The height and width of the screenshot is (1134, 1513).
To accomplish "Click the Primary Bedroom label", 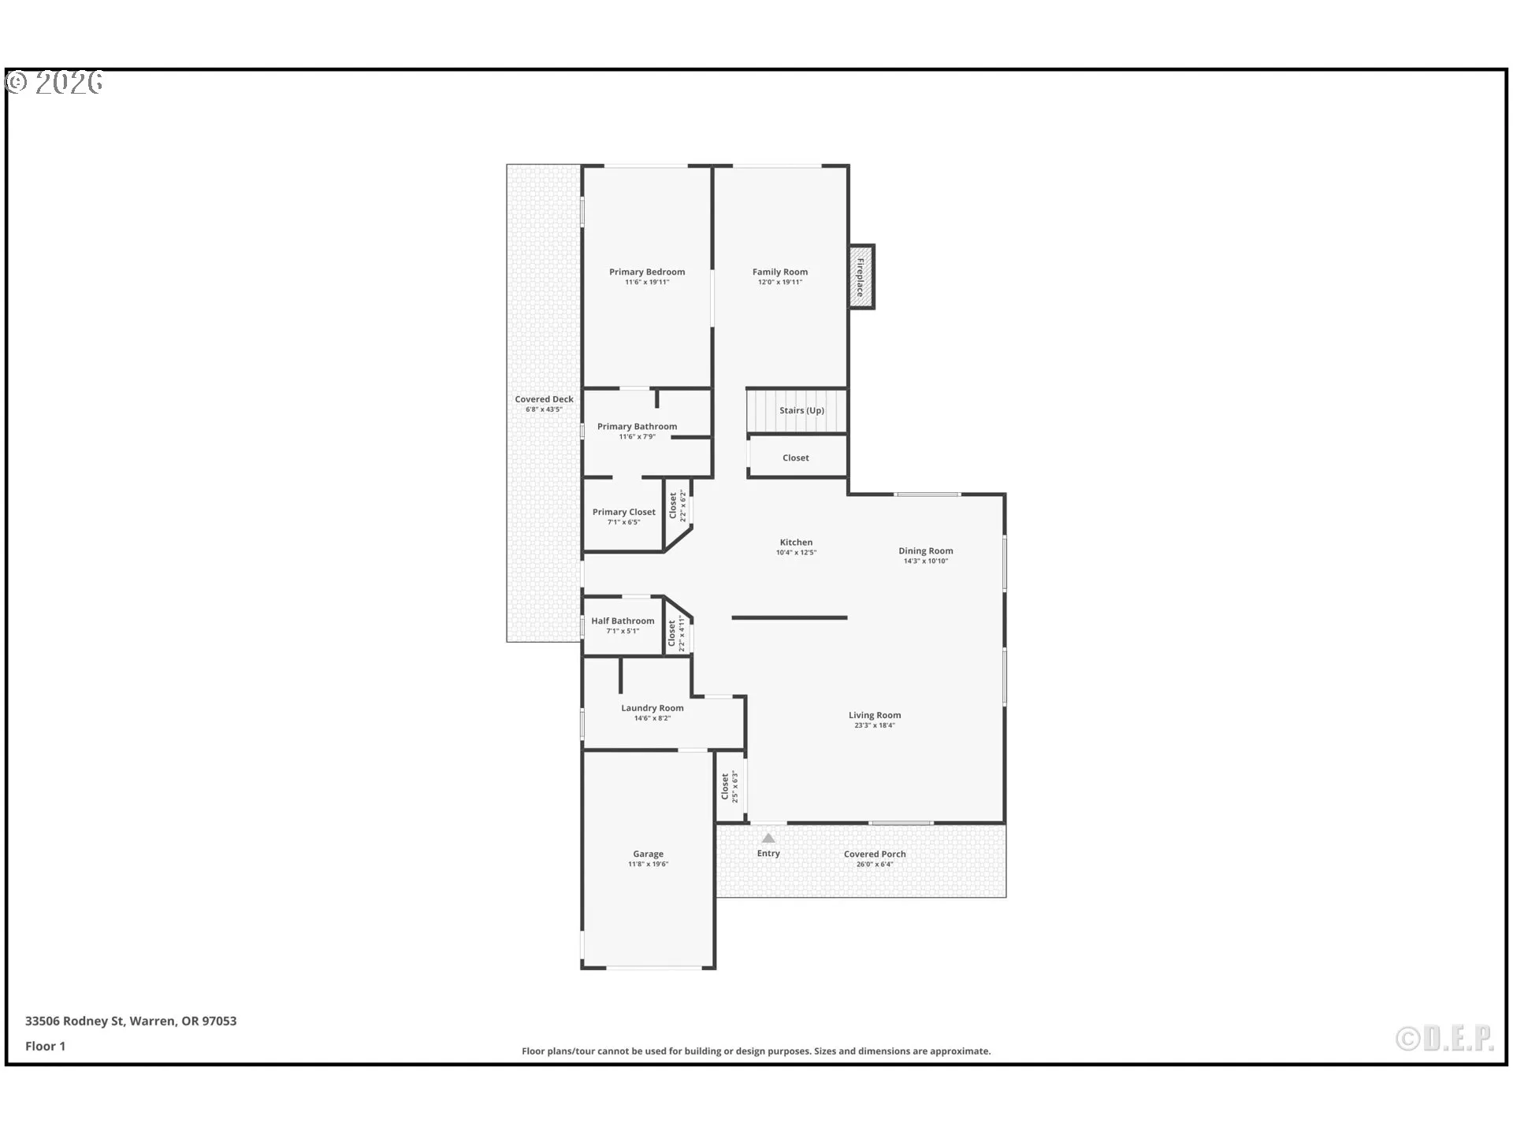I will (646, 272).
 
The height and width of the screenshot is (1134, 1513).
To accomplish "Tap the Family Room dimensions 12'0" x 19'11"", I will (779, 282).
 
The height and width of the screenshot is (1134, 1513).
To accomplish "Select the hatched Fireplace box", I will (861, 276).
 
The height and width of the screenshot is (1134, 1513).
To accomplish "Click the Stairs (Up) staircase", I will (796, 410).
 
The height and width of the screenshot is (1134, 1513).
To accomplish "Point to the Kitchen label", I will (796, 542).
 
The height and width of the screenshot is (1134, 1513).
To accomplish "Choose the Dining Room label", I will (925, 550).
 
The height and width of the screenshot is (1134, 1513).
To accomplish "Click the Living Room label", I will (874, 715).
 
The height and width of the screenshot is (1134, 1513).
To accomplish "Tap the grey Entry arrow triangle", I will (768, 838).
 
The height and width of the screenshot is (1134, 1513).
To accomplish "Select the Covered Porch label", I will (874, 854).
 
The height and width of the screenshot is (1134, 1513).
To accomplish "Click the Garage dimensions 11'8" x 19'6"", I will (648, 864).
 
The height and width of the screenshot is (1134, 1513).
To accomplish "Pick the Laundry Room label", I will (652, 707).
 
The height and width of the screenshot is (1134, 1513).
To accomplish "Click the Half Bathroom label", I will (623, 621).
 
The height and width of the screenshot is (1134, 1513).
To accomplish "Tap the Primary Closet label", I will (623, 512).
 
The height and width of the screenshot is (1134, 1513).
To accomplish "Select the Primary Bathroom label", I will (637, 426).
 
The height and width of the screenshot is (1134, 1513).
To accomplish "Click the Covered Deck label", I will (544, 399).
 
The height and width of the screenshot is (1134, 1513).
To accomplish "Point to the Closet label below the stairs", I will (795, 458).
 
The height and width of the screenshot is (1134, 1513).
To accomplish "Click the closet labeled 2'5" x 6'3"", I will (730, 786).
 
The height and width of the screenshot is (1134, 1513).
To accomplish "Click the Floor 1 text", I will (45, 1046).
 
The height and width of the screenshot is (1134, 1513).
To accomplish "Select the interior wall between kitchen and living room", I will (789, 617).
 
